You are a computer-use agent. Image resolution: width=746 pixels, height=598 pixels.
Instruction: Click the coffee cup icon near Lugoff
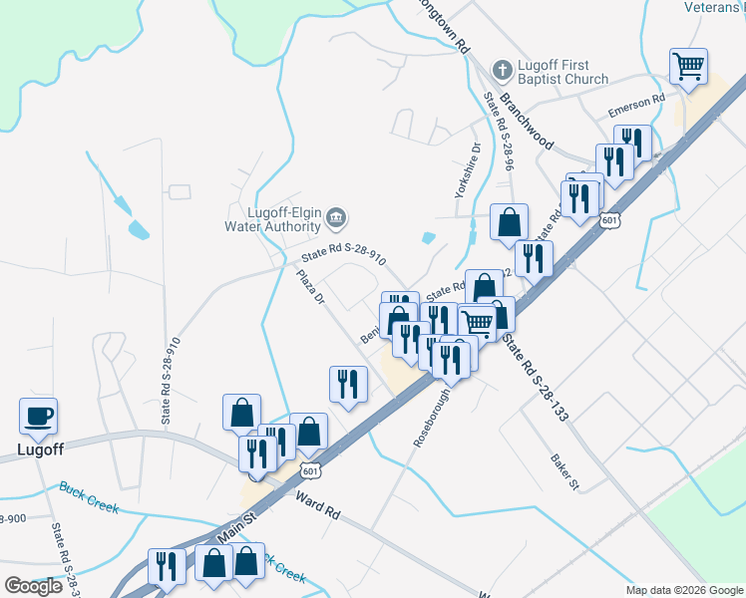point(39,417)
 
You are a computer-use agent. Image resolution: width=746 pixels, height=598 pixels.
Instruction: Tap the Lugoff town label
point(40,449)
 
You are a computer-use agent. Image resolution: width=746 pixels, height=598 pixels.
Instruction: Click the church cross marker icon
point(503,71)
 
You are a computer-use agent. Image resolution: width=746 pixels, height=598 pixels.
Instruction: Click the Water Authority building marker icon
point(336,216)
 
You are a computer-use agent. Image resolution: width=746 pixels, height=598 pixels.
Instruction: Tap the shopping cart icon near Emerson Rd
point(688,67)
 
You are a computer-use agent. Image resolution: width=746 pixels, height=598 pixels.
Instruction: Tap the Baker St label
point(563,470)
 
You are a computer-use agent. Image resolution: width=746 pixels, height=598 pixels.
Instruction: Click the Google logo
point(33,586)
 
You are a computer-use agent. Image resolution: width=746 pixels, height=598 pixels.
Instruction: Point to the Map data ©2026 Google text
point(683,590)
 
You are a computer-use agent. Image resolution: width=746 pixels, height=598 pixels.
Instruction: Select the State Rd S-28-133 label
point(535,377)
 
